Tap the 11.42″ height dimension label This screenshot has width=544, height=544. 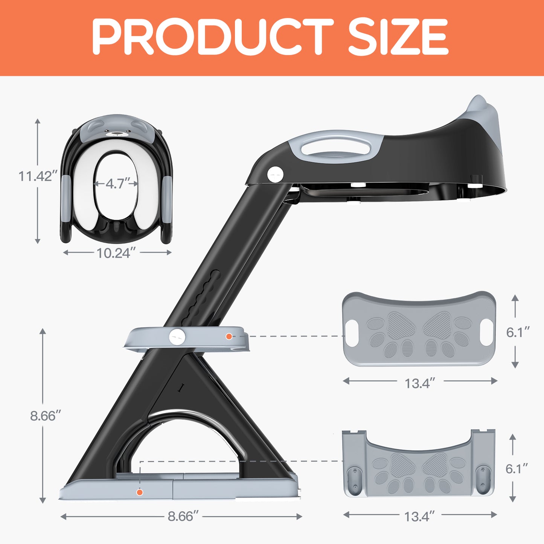pyautogui.click(x=38, y=176)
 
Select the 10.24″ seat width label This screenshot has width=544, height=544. pyautogui.click(x=114, y=253)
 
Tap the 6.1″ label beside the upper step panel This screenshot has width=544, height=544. pyautogui.click(x=518, y=332)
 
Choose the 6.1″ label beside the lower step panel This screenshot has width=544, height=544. pyautogui.click(x=517, y=469)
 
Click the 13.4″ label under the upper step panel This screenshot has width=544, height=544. pyautogui.click(x=420, y=384)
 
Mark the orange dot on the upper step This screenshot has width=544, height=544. pyautogui.click(x=229, y=337)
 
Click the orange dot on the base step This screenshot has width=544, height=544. pyautogui.click(x=140, y=492)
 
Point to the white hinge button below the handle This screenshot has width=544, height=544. pyautogui.click(x=275, y=174)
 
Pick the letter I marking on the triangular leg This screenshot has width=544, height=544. pyautogui.click(x=181, y=388)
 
